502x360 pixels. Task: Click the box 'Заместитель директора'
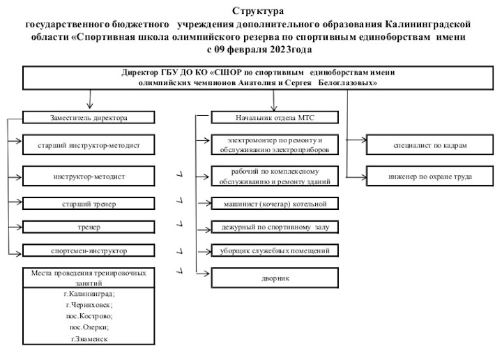(89, 117)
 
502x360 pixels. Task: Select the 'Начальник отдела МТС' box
(275, 117)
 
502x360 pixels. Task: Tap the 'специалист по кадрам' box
(429, 145)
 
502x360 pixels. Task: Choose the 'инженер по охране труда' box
(429, 176)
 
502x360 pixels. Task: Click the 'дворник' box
(275, 278)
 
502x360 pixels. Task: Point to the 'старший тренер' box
(89, 204)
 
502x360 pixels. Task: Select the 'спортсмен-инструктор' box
(89, 250)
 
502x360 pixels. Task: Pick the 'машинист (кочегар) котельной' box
(275, 204)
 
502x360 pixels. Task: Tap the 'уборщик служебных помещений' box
(275, 250)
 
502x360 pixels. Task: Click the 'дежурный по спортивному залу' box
(275, 227)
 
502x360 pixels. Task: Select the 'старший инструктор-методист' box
(89, 145)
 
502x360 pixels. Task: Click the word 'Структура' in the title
(258, 11)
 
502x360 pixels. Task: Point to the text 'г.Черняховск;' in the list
(89, 305)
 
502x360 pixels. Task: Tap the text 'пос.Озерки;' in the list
(89, 327)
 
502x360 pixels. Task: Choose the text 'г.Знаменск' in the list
(89, 339)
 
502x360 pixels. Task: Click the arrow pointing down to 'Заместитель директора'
(90, 99)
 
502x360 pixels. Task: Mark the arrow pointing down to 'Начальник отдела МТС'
(273, 100)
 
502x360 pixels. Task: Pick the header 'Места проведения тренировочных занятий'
(89, 278)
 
